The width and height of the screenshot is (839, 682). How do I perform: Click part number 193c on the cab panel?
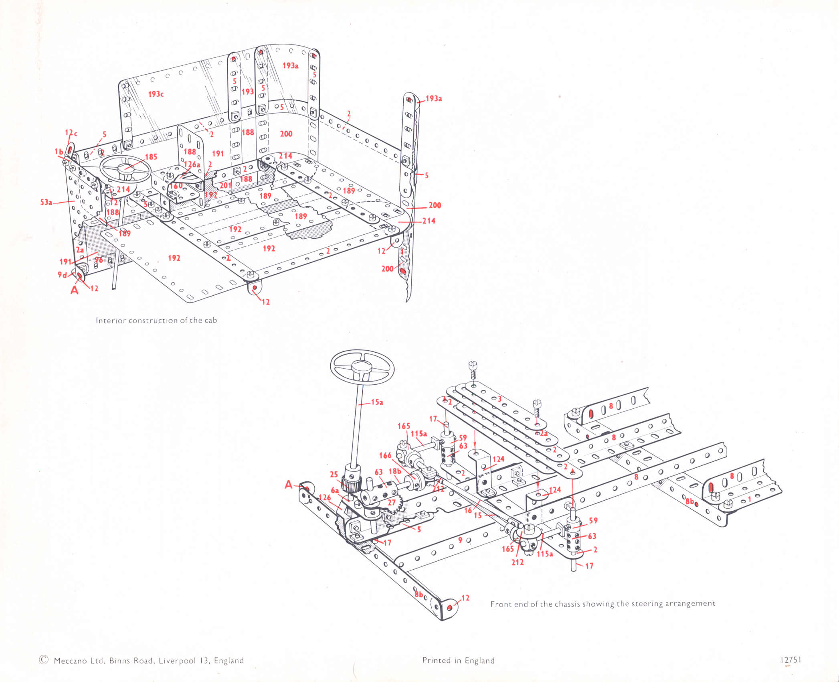[x=156, y=94]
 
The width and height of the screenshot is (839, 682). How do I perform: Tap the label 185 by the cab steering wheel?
[x=151, y=157]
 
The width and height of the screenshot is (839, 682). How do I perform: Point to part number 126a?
[x=192, y=164]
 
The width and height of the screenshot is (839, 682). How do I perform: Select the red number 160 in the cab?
[x=176, y=186]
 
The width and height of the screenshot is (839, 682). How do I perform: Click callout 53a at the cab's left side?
[x=46, y=202]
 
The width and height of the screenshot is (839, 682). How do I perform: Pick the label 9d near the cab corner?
[x=62, y=275]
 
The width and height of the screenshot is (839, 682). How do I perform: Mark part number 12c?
[x=71, y=133]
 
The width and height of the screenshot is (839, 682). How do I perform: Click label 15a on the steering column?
[x=377, y=402]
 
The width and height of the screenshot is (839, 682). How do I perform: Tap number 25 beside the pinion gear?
[x=334, y=474]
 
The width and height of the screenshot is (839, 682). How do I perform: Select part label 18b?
[x=394, y=471]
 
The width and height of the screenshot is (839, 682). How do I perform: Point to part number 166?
[x=385, y=455]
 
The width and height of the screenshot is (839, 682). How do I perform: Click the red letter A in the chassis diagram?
[x=289, y=485]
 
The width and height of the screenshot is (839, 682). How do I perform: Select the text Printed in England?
[x=458, y=661]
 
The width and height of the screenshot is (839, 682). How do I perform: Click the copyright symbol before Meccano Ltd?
[x=44, y=660]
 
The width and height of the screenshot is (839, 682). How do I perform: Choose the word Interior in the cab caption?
[x=111, y=321]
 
